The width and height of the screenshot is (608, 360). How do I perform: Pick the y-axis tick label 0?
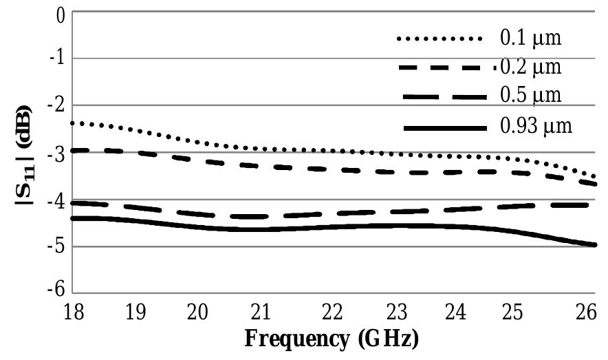click(61, 14)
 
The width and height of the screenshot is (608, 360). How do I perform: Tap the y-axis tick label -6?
click(56, 291)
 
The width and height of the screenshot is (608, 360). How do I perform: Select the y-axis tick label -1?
click(56, 59)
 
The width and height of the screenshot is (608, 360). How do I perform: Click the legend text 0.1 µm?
click(530, 37)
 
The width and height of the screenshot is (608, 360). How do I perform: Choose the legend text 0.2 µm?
click(530, 67)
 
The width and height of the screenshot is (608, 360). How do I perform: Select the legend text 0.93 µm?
click(534, 127)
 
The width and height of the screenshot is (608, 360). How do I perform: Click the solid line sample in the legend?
click(445, 128)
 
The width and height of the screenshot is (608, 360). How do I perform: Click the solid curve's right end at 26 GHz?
click(594, 244)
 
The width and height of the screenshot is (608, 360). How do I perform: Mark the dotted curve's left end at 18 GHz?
click(73, 123)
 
